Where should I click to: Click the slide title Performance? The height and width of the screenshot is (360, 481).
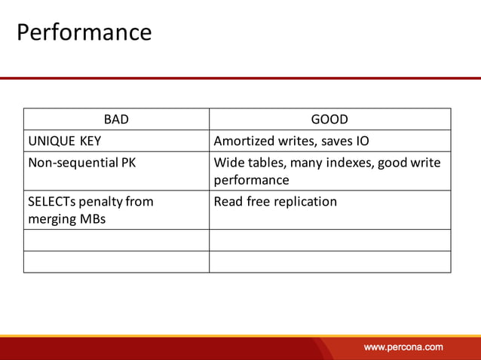point(84,32)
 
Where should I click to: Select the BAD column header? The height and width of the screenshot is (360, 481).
point(116,119)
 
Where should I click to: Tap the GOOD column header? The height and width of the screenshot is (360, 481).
point(329,119)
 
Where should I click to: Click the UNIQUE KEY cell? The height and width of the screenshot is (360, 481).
point(65,141)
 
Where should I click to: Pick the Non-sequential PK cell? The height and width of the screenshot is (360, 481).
point(81,162)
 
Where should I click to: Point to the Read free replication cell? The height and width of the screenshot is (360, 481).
point(275,201)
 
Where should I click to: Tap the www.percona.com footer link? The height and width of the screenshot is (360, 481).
point(403,347)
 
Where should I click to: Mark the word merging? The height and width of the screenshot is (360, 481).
point(52,219)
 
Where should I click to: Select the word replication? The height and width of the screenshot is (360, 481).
point(304,201)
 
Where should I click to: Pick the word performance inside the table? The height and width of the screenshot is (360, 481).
point(251,180)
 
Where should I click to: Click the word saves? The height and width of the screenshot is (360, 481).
point(332,141)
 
